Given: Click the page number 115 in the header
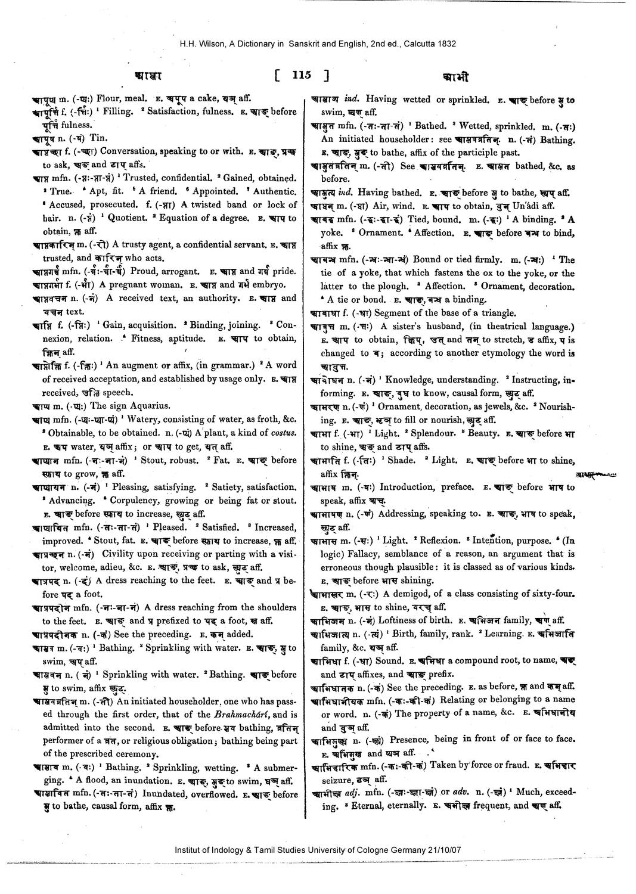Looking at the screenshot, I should [x=302, y=76].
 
